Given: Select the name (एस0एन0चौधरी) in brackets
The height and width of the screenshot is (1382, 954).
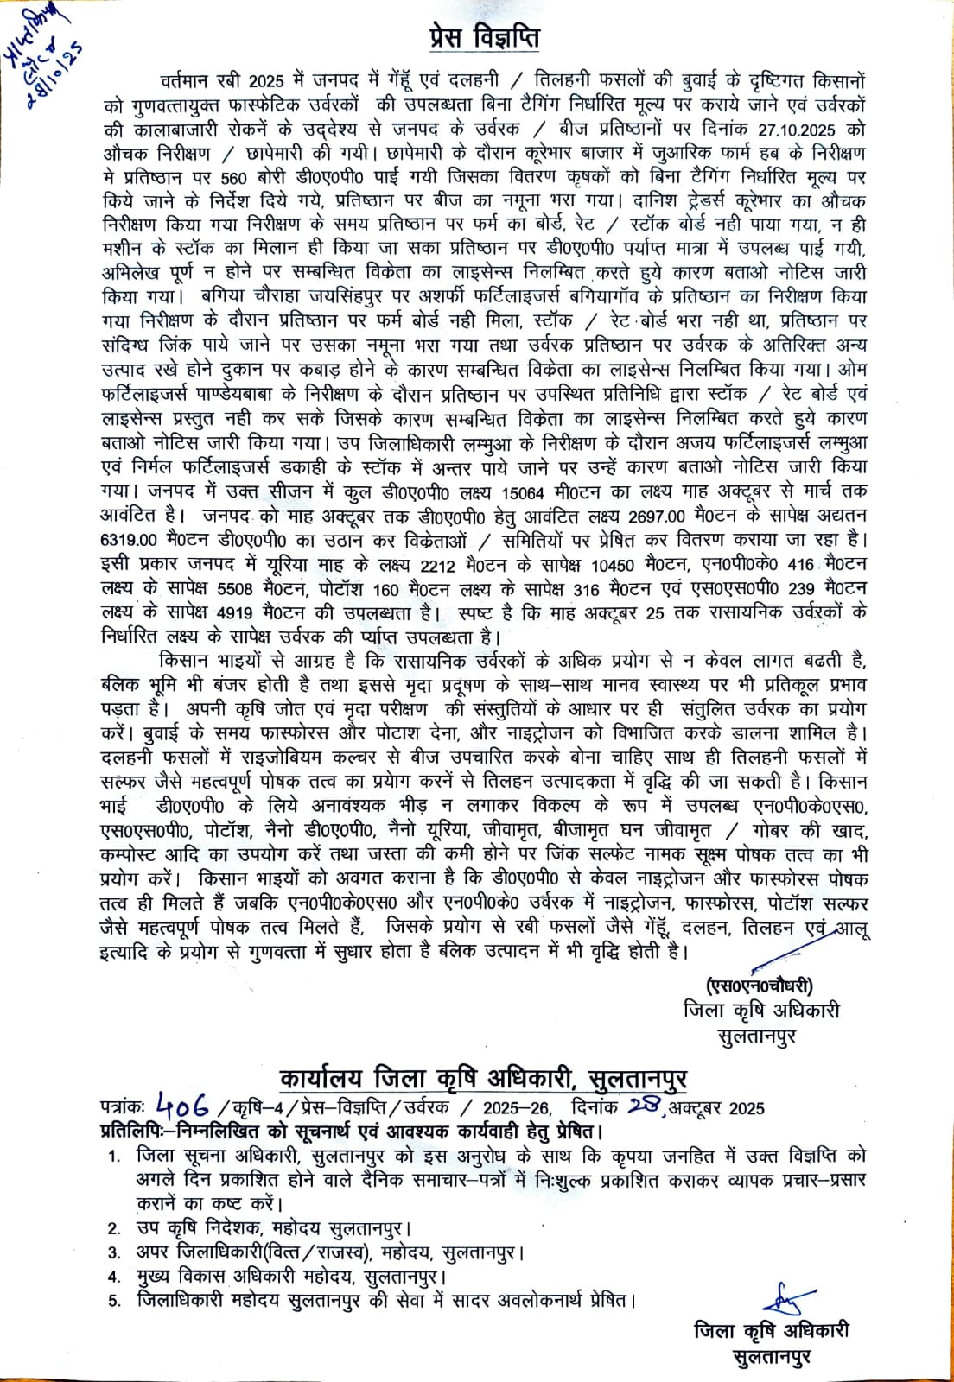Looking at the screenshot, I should (758, 986).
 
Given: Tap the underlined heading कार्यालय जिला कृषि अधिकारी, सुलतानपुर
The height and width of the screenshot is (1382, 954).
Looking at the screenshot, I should (483, 1079).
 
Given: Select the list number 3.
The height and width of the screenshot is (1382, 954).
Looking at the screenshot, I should (114, 1252).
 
